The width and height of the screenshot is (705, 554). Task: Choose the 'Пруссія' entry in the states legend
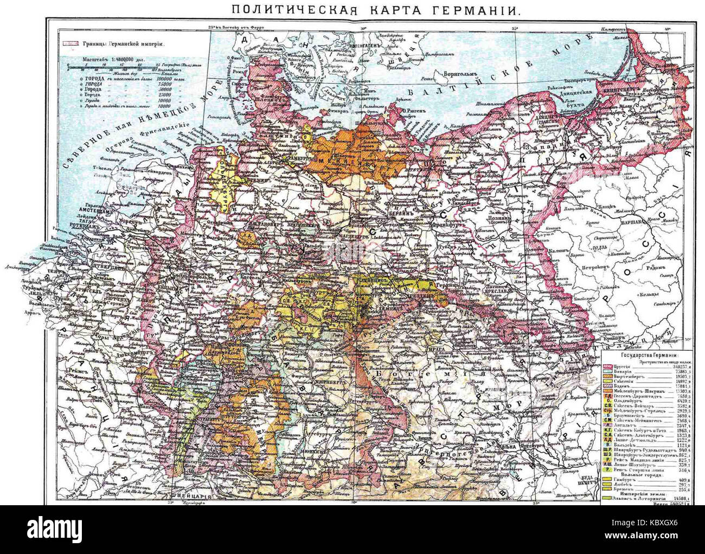pyautogui.click(x=627, y=366)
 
